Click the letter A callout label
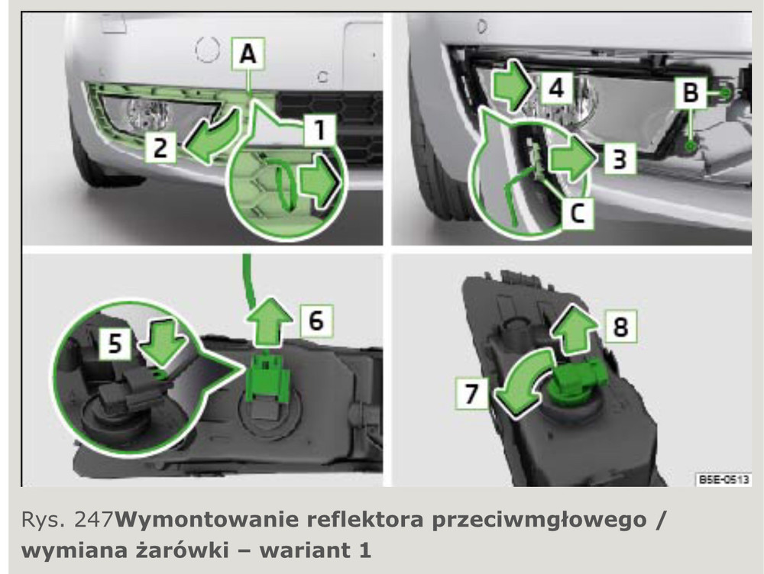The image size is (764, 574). point(248,53)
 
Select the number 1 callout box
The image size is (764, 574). point(319,130)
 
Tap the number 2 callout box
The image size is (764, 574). point(160,147)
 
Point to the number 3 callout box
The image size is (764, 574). point(620,158)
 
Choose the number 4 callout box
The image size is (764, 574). point(557,88)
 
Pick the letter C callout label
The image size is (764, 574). point(578,213)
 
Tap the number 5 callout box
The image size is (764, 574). point(115,343)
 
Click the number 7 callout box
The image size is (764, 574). point(471,393)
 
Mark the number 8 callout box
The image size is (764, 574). point(620,326)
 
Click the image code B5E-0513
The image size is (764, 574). point(723,479)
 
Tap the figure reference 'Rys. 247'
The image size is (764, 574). point(67,520)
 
